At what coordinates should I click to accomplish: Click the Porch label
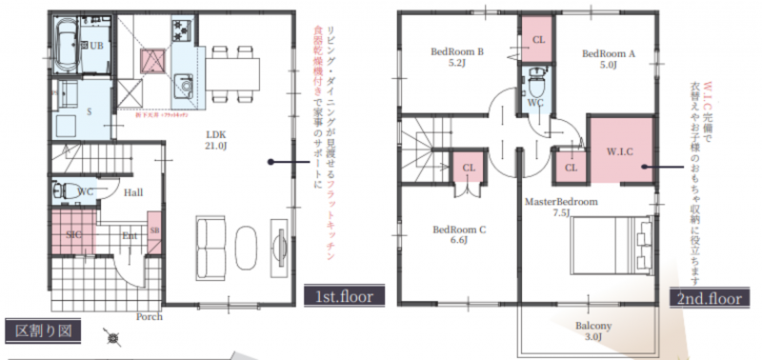[149, 316]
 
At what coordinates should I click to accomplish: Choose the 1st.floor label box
[342, 296]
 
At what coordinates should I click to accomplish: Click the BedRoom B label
[458, 58]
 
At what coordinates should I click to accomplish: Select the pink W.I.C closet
[619, 150]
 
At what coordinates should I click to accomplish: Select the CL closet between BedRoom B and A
[537, 39]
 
